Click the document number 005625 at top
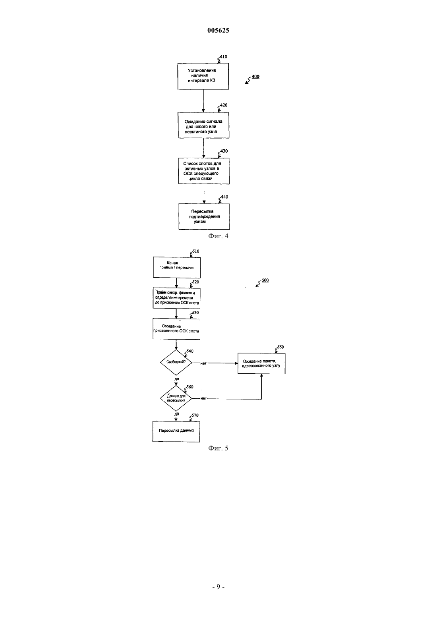pos(218,30)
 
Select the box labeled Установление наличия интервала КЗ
pos(203,76)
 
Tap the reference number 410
pos(224,56)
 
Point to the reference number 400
pos(255,76)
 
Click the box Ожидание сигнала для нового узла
pos(203,125)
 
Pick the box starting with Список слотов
pos(204,171)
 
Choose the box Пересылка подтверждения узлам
pos(204,216)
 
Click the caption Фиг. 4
pos(218,236)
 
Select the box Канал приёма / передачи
pos(177,268)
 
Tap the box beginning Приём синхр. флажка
pos(176,298)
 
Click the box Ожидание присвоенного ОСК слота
pos(176,329)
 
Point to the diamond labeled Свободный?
pos(176,362)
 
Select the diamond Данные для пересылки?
pos(176,398)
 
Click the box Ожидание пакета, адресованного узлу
pos(261,364)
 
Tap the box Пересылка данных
pos(176,432)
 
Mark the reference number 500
pos(265,280)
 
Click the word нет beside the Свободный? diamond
pos(203,363)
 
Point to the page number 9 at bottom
pos(218,587)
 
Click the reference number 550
pos(280,347)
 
